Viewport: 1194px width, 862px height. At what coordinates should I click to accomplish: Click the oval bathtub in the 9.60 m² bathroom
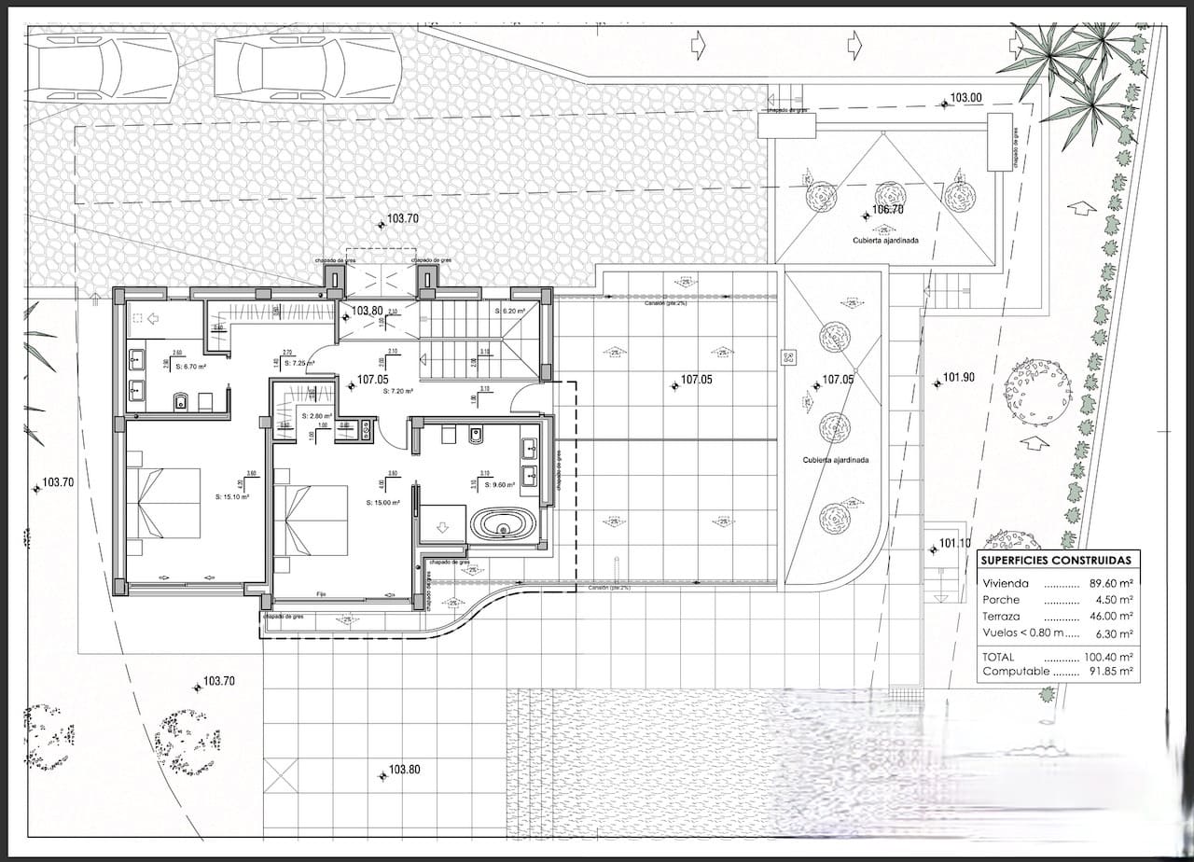(503, 524)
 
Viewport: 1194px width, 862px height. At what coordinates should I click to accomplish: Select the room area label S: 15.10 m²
(230, 496)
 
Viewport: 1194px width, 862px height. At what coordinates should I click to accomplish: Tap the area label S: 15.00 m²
(383, 503)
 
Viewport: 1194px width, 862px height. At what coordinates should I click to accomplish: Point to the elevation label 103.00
(966, 98)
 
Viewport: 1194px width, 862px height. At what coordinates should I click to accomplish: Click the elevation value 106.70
(887, 210)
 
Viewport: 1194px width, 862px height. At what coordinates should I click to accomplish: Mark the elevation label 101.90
(958, 378)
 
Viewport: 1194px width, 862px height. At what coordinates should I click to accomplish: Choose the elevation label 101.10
(954, 544)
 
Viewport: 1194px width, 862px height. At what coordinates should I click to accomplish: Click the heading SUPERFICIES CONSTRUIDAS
(1058, 561)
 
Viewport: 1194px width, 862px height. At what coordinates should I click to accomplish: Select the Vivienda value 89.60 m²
(1111, 583)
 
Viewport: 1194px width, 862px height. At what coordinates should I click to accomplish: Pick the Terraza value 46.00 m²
(1111, 617)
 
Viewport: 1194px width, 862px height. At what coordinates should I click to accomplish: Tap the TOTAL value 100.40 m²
(1108, 657)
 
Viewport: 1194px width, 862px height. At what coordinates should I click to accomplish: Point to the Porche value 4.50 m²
(1115, 600)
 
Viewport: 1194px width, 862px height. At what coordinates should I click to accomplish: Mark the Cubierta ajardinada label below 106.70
(885, 240)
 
